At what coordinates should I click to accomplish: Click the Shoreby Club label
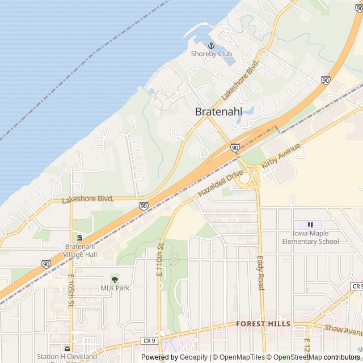(211, 54)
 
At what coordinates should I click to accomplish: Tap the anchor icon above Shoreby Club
(211, 45)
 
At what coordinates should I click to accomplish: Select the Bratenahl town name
(218, 112)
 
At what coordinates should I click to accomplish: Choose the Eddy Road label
(260, 272)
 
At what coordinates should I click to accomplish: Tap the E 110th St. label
(159, 259)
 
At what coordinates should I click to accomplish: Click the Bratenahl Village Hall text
(80, 250)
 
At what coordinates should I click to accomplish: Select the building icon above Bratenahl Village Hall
(80, 237)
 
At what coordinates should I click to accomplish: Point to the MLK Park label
(115, 288)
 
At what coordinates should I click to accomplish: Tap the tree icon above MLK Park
(115, 279)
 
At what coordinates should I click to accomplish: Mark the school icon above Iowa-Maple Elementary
(310, 225)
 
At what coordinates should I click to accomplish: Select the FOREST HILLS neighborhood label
(263, 324)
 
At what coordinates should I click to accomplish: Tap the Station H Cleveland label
(67, 357)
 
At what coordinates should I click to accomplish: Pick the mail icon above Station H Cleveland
(67, 348)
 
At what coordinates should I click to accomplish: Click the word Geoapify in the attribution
(193, 357)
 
